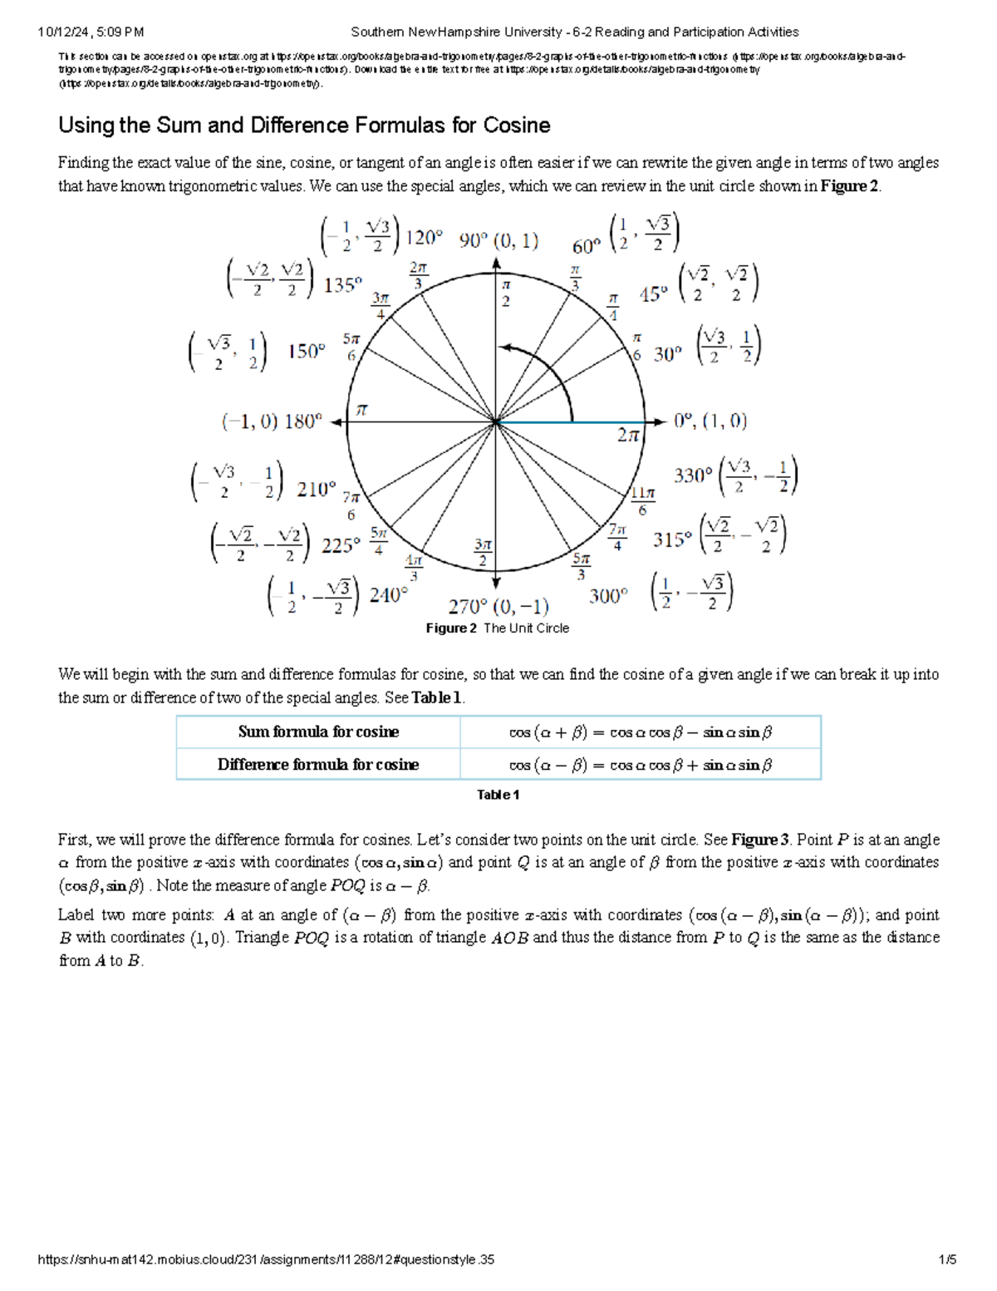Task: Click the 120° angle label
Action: click(423, 239)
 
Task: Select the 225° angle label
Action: click(341, 546)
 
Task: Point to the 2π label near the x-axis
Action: click(628, 435)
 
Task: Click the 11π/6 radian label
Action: click(642, 500)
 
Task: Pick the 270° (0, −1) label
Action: click(498, 606)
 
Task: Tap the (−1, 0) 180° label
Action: click(272, 421)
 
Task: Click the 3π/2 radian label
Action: click(483, 553)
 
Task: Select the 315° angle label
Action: click(671, 540)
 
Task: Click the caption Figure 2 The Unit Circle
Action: click(497, 628)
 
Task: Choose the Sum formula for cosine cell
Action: click(318, 732)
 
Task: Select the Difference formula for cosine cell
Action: click(318, 765)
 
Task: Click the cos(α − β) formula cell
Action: click(640, 765)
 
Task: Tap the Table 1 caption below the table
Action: click(498, 795)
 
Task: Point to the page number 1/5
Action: click(947, 1259)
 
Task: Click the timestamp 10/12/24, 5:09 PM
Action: click(91, 32)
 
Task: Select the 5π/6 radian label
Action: click(351, 347)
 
